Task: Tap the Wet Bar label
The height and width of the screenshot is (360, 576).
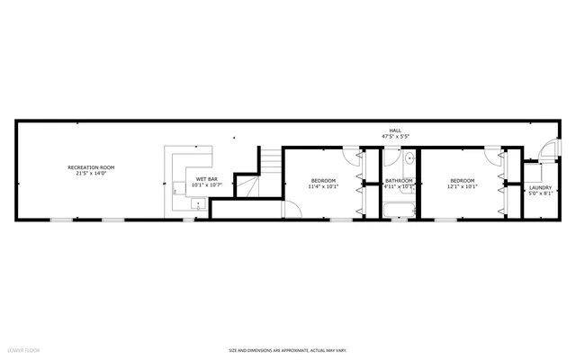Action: pyautogui.click(x=206, y=180)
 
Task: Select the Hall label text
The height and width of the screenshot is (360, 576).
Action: pyautogui.click(x=394, y=130)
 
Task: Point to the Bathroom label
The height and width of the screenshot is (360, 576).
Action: pyautogui.click(x=399, y=181)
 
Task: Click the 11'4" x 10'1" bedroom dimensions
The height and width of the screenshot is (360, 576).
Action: pyautogui.click(x=323, y=187)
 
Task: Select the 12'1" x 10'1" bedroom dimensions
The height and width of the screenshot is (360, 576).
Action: pyautogui.click(x=463, y=187)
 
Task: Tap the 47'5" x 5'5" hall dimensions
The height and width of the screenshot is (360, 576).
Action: pyautogui.click(x=394, y=137)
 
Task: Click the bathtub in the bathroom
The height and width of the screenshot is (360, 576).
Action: pyautogui.click(x=397, y=212)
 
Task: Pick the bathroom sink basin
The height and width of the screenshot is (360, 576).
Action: pyautogui.click(x=408, y=158)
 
